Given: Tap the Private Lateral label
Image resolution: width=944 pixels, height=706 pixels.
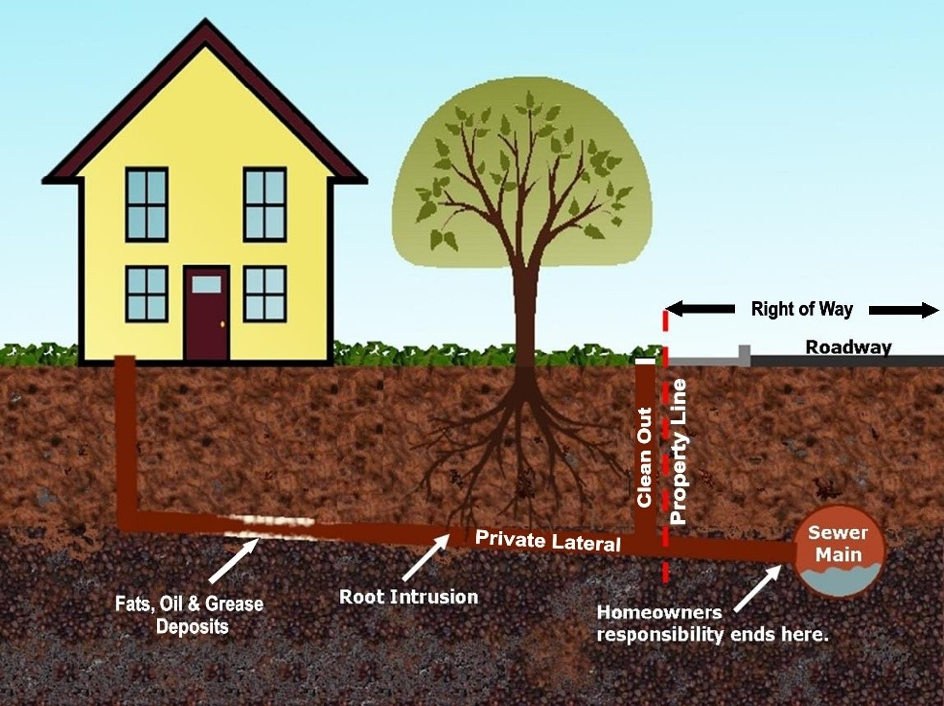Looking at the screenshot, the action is pos(548,541).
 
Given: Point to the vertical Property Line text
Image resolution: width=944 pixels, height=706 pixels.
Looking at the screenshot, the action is pos(678,451).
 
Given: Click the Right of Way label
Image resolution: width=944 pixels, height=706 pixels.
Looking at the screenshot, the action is pos(801,309).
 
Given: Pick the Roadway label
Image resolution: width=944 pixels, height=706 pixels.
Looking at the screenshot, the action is pos(848,347).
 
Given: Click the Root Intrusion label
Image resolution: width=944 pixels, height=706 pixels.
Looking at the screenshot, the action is pos(408,596).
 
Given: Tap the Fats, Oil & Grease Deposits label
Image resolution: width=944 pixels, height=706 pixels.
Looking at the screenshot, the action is pos(189,615).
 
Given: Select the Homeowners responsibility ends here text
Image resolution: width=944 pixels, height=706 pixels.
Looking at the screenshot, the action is pos(712,623).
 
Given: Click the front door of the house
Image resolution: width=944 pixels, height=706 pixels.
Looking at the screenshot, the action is pos(207,313).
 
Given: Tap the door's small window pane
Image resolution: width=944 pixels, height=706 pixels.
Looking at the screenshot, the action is pos(206,284).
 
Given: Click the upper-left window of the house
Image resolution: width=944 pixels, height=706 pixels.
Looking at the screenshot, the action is pos(147,204).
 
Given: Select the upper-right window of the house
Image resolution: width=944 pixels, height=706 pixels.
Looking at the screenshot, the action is pos(265,204).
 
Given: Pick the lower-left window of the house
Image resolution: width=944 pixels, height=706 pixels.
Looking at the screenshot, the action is pos(147,294).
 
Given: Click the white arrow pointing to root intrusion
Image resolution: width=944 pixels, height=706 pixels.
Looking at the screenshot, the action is pos(426,557).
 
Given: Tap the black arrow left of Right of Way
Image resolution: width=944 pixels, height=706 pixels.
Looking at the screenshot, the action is pos(700,309).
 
